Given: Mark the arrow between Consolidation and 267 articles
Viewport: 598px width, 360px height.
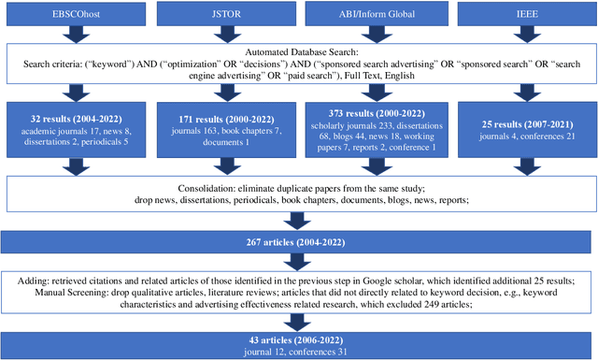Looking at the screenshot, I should (299, 217).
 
